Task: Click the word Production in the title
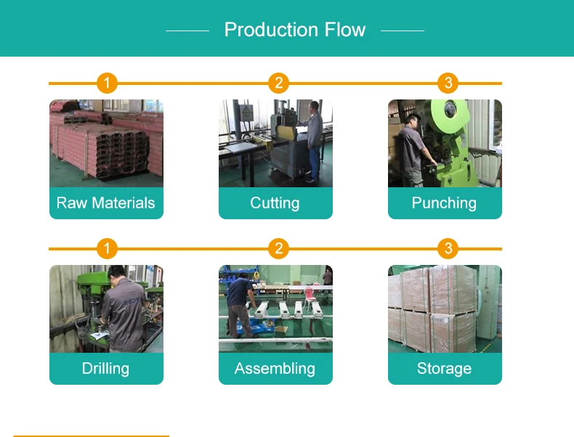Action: pyautogui.click(x=268, y=30)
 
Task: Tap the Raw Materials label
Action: pyautogui.click(x=106, y=203)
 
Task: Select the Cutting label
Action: pyautogui.click(x=275, y=203)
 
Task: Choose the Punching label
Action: pyautogui.click(x=444, y=203)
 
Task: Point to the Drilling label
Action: pyautogui.click(x=106, y=369)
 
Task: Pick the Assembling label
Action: pyautogui.click(x=275, y=369)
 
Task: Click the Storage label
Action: pyautogui.click(x=444, y=369)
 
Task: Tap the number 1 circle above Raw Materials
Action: pyautogui.click(x=107, y=83)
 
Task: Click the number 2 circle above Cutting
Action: pyautogui.click(x=278, y=83)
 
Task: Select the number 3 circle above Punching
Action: pyautogui.click(x=448, y=83)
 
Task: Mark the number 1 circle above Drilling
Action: pyautogui.click(x=107, y=249)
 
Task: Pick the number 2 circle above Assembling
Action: pyautogui.click(x=278, y=249)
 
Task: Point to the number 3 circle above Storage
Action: pyautogui.click(x=448, y=249)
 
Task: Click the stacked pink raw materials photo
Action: pyautogui.click(x=106, y=143)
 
